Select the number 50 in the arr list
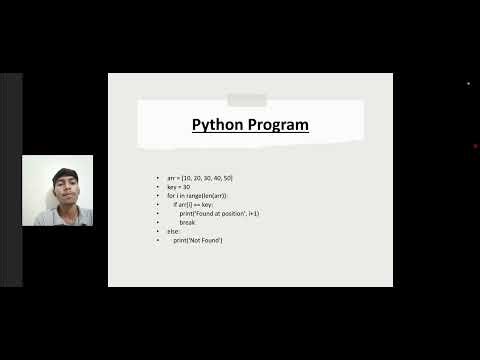click(226, 177)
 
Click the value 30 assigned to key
click(186, 186)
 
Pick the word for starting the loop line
click(170, 195)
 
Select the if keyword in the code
click(175, 204)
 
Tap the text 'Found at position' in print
click(216, 213)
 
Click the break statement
click(187, 222)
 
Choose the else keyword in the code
click(173, 231)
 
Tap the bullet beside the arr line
click(157, 177)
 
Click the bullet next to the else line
click(157, 231)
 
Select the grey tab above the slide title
click(247, 100)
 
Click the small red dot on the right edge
click(475, 146)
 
